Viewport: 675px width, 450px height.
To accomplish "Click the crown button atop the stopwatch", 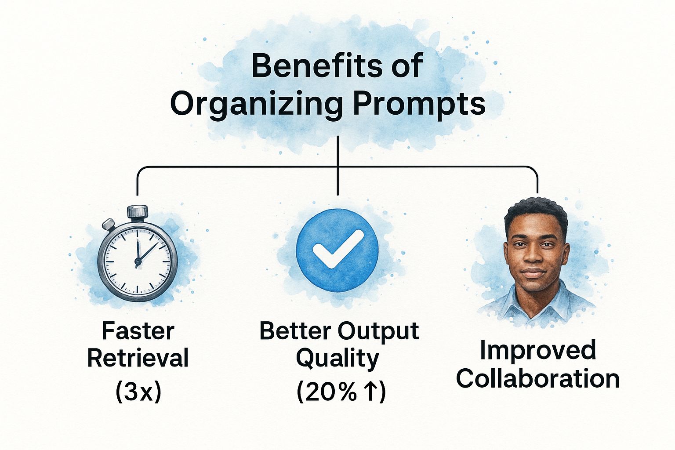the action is tap(138, 211).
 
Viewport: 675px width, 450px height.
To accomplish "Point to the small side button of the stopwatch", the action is tap(109, 224).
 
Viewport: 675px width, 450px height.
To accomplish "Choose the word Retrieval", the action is tap(138, 358).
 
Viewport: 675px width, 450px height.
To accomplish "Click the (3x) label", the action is tap(138, 392).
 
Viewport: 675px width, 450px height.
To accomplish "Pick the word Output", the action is tap(378, 332).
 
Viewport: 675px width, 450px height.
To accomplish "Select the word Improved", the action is tap(538, 351).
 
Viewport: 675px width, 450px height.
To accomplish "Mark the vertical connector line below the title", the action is tap(338, 166).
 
